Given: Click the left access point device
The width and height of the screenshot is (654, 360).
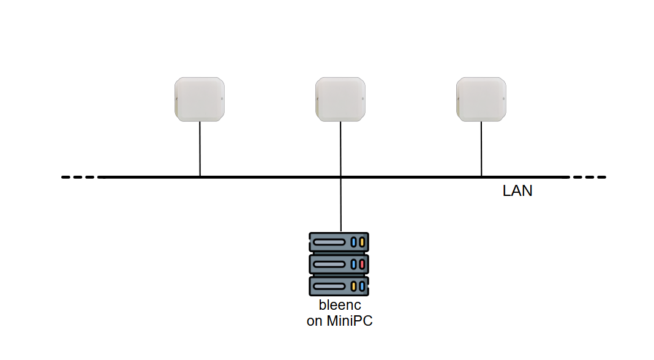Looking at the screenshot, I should [x=200, y=99].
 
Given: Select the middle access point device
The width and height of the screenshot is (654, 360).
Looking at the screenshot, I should [x=340, y=99].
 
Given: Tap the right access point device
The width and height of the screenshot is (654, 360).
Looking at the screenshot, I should [x=481, y=99].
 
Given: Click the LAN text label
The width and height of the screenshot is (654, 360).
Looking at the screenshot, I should [x=517, y=191].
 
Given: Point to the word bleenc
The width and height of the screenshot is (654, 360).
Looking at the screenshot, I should [x=340, y=306].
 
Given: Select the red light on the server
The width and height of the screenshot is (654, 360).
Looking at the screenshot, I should [x=362, y=264].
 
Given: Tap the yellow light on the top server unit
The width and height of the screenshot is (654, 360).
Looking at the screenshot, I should [x=362, y=242].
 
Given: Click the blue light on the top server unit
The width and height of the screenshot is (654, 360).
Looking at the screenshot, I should [x=353, y=242].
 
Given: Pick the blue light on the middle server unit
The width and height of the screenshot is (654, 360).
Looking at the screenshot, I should [x=353, y=264].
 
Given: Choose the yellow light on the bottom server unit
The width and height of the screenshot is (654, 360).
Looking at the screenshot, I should [x=353, y=286].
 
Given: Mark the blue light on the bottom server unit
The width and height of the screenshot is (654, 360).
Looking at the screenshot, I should [x=362, y=286].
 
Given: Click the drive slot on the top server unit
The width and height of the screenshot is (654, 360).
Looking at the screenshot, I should [x=331, y=242].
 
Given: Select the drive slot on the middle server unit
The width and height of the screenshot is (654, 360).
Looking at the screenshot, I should [x=331, y=264].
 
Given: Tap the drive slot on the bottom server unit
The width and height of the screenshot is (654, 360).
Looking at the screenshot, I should [x=331, y=286].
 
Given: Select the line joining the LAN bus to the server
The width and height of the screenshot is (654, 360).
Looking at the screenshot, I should [x=340, y=205].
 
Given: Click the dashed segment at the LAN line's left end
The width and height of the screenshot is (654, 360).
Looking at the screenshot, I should [x=80, y=178].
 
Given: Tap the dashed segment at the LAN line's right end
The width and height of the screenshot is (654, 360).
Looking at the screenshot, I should [x=588, y=178].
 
